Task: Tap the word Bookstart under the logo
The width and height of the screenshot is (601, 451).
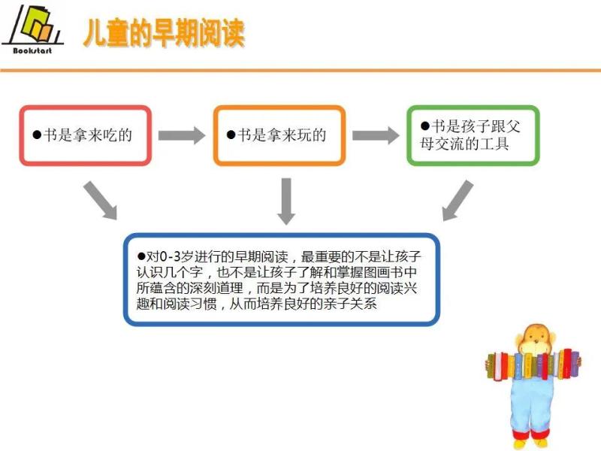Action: (x=32, y=50)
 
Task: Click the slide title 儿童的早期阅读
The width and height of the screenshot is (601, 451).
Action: (x=164, y=33)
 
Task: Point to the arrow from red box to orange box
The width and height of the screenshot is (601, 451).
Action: (x=182, y=135)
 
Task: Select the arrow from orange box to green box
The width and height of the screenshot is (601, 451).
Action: (x=376, y=135)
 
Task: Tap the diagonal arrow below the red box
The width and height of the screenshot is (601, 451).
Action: (x=101, y=201)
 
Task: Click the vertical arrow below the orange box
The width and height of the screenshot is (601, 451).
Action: (x=286, y=201)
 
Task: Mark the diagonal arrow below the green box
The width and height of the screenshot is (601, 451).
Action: (x=458, y=201)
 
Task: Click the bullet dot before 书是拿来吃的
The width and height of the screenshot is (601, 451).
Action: (x=37, y=135)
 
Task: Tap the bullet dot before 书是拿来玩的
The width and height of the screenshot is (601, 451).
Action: (x=231, y=135)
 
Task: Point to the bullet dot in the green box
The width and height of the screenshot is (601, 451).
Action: (x=424, y=126)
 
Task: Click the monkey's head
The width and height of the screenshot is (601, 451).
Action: (x=535, y=339)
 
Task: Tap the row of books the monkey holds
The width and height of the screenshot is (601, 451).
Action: (x=534, y=365)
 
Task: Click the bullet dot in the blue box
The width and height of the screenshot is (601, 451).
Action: (x=141, y=256)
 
